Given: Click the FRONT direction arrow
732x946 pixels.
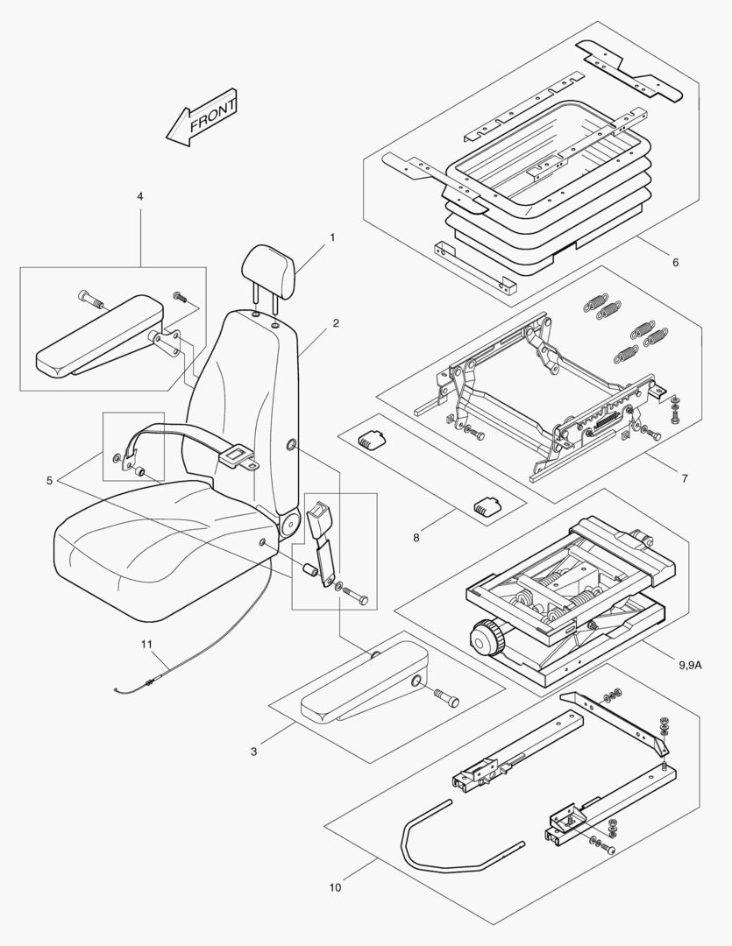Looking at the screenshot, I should click(203, 116).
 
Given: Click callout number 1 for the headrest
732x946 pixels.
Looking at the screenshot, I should click(332, 236).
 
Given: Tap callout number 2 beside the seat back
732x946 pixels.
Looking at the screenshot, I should click(336, 323).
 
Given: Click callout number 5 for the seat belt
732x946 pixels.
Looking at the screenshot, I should click(674, 262).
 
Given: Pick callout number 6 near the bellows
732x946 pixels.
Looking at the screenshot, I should click(685, 478).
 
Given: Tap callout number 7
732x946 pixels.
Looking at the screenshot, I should click(416, 537).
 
